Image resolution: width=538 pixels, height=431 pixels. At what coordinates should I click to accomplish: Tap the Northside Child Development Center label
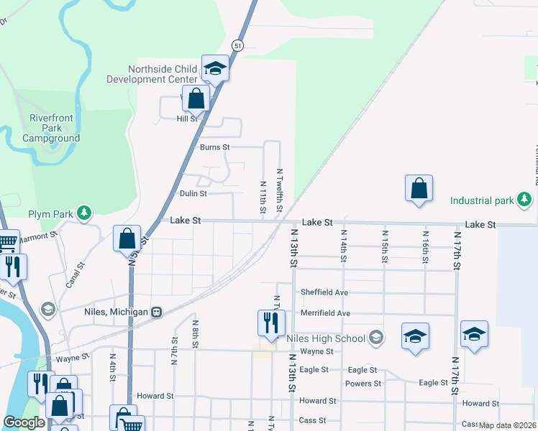point(162,74)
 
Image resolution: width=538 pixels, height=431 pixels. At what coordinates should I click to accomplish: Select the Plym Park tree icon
point(85,213)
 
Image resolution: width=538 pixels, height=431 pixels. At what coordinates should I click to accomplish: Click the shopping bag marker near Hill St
point(196,98)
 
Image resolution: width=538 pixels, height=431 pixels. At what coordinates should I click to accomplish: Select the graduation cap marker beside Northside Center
point(215,68)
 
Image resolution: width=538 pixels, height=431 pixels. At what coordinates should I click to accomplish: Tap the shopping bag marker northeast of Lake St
point(419,188)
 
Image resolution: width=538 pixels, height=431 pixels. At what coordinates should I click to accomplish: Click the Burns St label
point(214,147)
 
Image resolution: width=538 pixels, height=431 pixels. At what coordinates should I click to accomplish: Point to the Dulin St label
point(193,193)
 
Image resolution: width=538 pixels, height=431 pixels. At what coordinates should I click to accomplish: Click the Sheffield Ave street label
point(324,292)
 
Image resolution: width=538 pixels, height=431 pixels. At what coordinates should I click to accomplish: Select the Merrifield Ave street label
point(325,313)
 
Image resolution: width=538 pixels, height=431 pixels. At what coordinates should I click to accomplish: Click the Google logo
point(24,422)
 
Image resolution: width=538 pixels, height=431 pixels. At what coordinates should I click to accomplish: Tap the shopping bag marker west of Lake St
point(127,238)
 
